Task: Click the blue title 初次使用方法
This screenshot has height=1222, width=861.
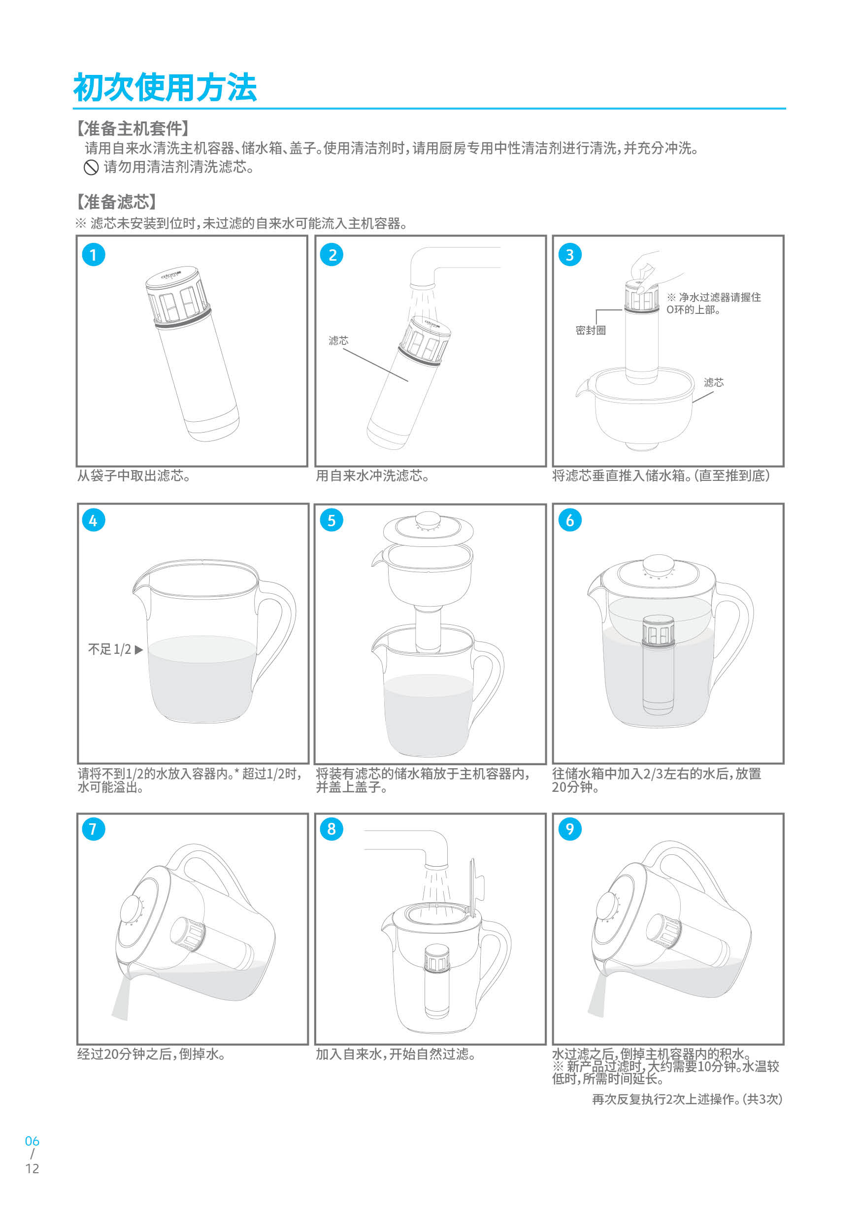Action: (165, 87)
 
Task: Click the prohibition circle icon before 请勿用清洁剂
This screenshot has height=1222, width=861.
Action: (91, 168)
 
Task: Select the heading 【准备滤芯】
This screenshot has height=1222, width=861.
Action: (116, 202)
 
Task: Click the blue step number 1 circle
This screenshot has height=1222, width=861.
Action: (94, 255)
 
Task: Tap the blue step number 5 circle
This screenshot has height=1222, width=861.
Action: (331, 520)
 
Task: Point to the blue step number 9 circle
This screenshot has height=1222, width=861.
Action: (570, 829)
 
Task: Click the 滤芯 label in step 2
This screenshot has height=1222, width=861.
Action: (338, 340)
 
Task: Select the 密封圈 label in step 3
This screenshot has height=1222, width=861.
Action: (590, 330)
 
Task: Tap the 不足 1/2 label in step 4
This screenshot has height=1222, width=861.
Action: (110, 649)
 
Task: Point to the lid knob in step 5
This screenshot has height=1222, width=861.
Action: (428, 519)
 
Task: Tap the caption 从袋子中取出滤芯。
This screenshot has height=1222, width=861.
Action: (133, 476)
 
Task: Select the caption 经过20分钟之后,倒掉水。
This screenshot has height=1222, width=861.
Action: (151, 1054)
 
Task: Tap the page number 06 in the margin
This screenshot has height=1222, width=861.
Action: (32, 1141)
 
